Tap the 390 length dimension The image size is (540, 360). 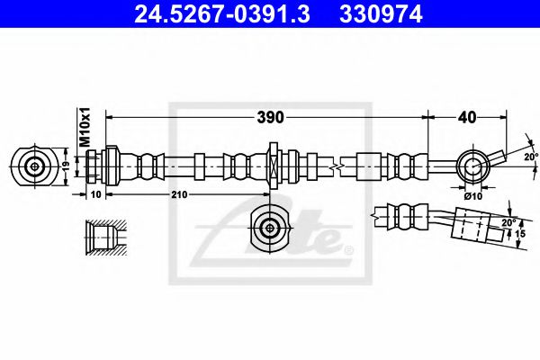click(x=271, y=117)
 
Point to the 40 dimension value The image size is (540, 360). click(x=467, y=117)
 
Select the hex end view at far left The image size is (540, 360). click(x=35, y=166)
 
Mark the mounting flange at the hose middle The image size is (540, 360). click(x=272, y=166)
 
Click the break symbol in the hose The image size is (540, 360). click(x=335, y=166)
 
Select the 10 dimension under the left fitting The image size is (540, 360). click(x=96, y=194)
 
